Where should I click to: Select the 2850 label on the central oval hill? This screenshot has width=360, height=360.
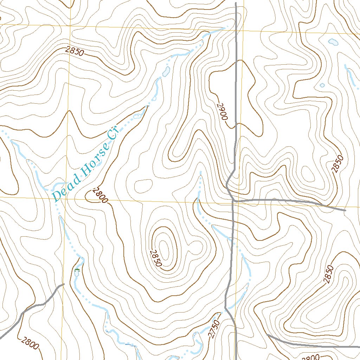(x=155, y=258)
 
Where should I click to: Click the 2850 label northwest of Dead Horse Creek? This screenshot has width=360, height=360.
(x=75, y=52)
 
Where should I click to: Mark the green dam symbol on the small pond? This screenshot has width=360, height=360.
(x=77, y=270)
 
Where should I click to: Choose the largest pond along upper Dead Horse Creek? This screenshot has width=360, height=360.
(x=167, y=71)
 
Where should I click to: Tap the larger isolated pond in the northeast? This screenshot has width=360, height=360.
(x=333, y=42)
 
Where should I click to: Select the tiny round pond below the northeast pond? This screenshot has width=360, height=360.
(x=322, y=85)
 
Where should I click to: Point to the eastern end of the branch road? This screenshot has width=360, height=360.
(x=345, y=210)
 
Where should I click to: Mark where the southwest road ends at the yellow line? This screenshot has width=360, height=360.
(x=64, y=284)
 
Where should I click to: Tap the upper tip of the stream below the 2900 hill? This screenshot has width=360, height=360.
(x=200, y=172)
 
